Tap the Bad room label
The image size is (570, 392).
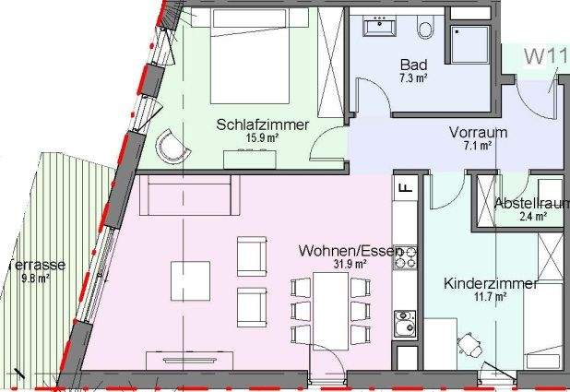pyautogui.click(x=412, y=65)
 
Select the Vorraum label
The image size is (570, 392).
pyautogui.click(x=478, y=132)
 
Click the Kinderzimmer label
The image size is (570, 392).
pyautogui.click(x=490, y=284)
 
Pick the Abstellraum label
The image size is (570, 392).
pyautogui.click(x=530, y=204)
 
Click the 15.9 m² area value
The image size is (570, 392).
pyautogui.click(x=262, y=138)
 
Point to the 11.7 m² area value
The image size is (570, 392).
pyautogui.click(x=490, y=297)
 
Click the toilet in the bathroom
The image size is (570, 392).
pyautogui.click(x=426, y=28)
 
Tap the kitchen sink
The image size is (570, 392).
pyautogui.click(x=404, y=323)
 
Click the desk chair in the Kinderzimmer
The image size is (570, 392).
pyautogui.click(x=471, y=342)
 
